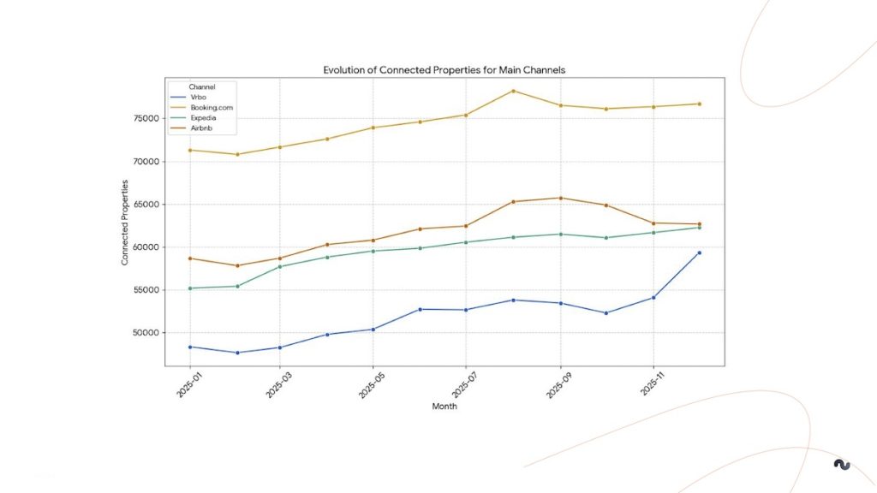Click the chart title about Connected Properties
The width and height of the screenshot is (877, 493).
click(x=444, y=69)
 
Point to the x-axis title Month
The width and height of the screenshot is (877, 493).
click(x=444, y=407)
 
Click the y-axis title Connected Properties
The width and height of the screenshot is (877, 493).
click(x=125, y=223)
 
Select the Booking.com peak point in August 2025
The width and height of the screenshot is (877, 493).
click(x=513, y=91)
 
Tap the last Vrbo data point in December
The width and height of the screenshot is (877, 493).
click(x=700, y=252)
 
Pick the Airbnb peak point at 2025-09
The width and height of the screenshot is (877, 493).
click(x=560, y=198)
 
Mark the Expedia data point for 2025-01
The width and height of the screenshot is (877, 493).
click(x=189, y=288)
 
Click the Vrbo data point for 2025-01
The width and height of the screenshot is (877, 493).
click(x=189, y=347)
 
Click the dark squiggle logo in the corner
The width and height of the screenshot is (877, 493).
click(x=842, y=465)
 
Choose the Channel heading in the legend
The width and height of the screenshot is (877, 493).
click(x=202, y=86)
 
